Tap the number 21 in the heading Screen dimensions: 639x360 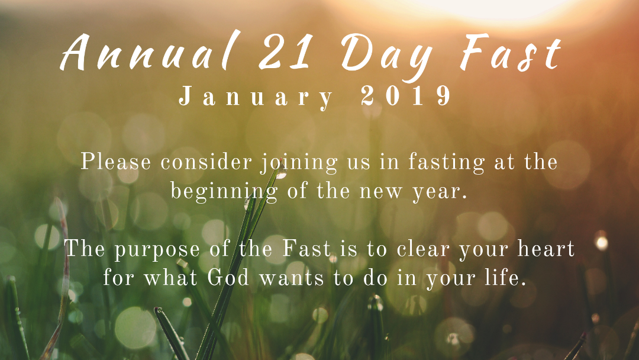285,52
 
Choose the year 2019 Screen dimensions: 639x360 406,96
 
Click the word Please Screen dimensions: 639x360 115,162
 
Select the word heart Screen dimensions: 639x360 546,249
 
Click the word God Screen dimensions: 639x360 228,278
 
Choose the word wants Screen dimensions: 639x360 292,279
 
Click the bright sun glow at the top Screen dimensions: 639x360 489,8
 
